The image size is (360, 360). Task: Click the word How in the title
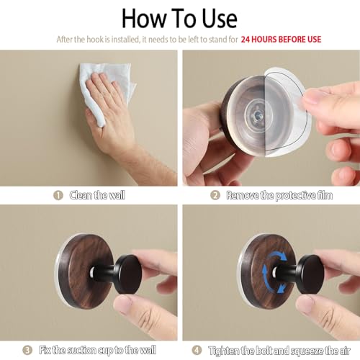(x=144, y=19)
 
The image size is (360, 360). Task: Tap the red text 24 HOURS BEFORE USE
(x=281, y=40)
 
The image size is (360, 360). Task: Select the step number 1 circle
(x=58, y=195)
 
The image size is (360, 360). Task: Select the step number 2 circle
(x=215, y=195)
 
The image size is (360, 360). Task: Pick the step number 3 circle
(x=27, y=350)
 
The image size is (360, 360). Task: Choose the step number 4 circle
(x=197, y=350)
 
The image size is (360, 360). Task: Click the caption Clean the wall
(x=97, y=195)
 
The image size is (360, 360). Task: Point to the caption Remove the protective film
(x=279, y=196)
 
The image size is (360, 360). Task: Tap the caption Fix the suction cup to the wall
(x=98, y=350)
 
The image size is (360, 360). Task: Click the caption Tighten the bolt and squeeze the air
(x=279, y=351)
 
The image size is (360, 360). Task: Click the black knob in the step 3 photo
(x=125, y=274)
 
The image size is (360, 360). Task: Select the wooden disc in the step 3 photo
(x=84, y=271)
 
